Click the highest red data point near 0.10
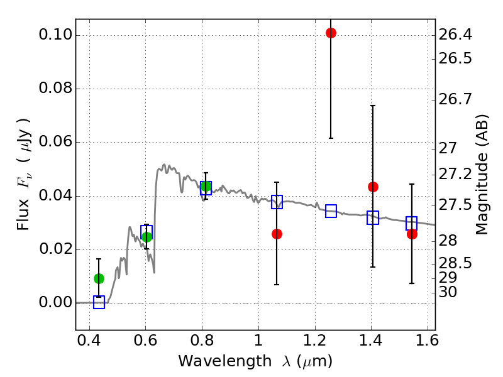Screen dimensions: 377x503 pyautogui.click(x=331, y=33)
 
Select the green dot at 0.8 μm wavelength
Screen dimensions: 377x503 pyautogui.click(x=206, y=186)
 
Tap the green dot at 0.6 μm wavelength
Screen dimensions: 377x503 pyautogui.click(x=146, y=237)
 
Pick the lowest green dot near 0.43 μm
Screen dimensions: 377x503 pyautogui.click(x=99, y=278)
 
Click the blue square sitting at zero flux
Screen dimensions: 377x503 pyautogui.click(x=99, y=302)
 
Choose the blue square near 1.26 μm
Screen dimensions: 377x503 pyautogui.click(x=331, y=211)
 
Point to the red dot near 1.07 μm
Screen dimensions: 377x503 pyautogui.click(x=277, y=234)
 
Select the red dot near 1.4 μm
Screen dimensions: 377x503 pyautogui.click(x=373, y=187)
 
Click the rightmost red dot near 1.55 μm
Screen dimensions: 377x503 pyautogui.click(x=412, y=234)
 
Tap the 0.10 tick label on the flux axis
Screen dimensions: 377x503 pyautogui.click(x=55, y=35)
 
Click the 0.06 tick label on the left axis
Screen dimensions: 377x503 pyautogui.click(x=55, y=142)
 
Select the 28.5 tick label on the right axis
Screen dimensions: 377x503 pyautogui.click(x=455, y=263)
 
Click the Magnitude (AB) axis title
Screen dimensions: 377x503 pyautogui.click(x=482, y=175)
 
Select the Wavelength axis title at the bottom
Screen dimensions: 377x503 pyautogui.click(x=255, y=362)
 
